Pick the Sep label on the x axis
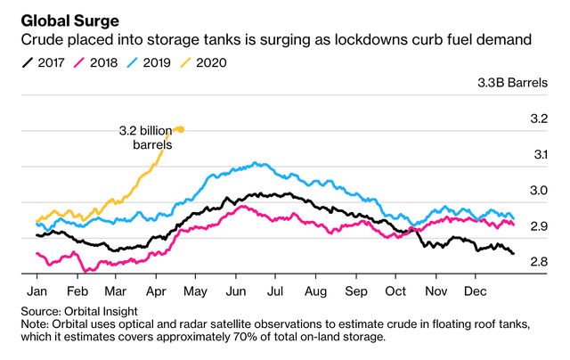pos(356,291)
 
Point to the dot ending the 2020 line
pos(181,129)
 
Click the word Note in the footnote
pos(36,324)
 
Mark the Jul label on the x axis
pos(276,291)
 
